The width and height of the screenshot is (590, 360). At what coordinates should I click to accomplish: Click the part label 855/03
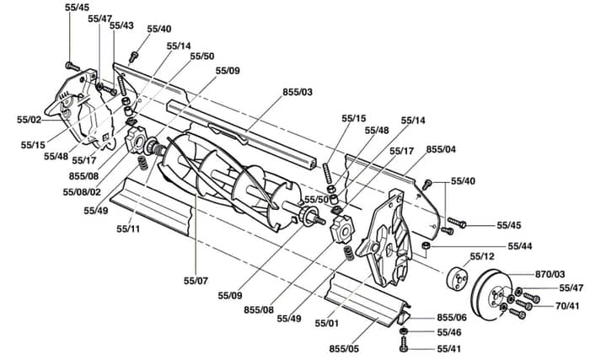(x=298, y=92)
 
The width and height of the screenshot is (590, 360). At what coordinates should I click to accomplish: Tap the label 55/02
(x=29, y=120)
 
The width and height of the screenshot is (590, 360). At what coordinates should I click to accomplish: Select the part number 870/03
(x=550, y=274)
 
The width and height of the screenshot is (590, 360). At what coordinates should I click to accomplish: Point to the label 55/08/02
(x=82, y=192)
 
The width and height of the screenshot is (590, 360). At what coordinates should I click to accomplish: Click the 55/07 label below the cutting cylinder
(x=196, y=281)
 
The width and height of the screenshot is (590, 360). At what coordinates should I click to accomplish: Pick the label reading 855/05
(x=344, y=349)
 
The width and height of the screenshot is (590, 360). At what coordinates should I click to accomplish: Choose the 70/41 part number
(x=567, y=306)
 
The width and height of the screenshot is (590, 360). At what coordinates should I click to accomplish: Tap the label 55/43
(x=121, y=25)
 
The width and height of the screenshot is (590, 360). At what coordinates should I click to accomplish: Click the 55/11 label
(x=128, y=228)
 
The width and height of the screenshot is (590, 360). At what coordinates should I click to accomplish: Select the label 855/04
(x=441, y=149)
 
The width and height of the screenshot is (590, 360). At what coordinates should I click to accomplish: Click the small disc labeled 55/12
(x=457, y=279)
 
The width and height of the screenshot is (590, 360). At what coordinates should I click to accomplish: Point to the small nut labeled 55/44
(x=426, y=246)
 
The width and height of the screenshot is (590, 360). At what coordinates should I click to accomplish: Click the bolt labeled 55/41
(x=404, y=344)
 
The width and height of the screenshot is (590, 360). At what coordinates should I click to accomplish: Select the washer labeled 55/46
(x=404, y=331)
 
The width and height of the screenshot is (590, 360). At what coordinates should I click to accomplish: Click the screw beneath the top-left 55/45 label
(x=72, y=67)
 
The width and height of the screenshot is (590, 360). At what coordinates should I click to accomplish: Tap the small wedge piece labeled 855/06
(x=404, y=318)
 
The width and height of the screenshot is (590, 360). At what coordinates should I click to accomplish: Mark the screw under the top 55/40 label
(x=133, y=56)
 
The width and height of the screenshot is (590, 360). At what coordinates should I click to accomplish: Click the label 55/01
(x=327, y=323)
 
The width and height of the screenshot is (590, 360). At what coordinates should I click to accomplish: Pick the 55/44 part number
(x=520, y=246)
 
